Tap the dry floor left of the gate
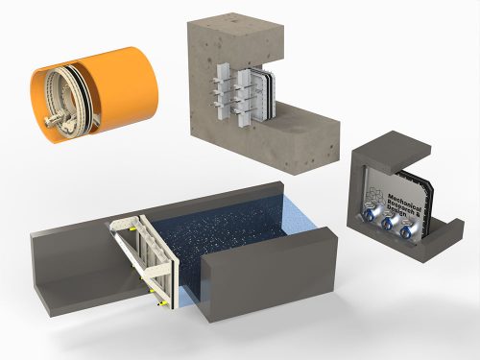click(x=77, y=274)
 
